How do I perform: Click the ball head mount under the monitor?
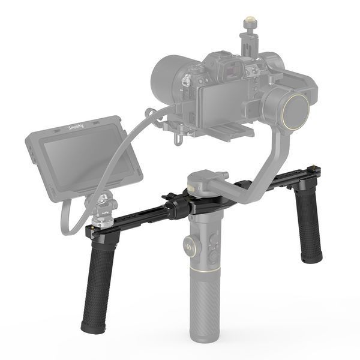(104, 204)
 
